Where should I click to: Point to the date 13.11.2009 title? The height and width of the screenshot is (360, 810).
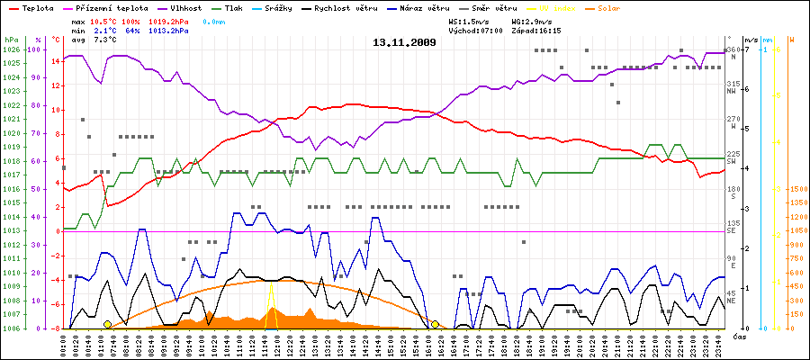404,42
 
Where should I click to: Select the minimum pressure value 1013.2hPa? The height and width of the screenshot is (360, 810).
168,31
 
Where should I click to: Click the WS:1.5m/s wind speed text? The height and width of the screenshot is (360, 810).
472,20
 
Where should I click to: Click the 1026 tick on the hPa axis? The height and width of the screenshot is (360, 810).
11,49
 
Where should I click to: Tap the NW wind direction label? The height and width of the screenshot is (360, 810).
733,92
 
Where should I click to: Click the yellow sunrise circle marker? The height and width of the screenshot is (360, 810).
107,324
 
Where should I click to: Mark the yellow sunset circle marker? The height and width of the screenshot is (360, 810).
435,324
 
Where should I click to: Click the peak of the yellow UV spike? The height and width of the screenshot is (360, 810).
271,287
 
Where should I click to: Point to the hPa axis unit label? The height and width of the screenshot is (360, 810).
11,40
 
